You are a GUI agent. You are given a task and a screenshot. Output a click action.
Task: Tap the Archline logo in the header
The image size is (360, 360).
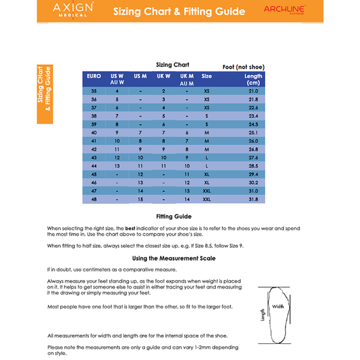[285, 10]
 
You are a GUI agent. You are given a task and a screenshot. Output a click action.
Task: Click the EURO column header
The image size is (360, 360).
[94, 76]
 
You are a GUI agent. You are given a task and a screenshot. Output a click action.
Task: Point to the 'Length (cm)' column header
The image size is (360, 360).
[253, 79]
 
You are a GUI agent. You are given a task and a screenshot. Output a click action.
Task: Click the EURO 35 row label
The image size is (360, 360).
[94, 91]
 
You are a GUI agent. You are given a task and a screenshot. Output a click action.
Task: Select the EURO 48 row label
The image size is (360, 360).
[94, 199]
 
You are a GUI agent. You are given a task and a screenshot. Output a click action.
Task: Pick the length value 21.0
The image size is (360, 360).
[253, 91]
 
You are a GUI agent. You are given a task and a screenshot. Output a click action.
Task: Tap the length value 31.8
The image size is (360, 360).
[253, 199]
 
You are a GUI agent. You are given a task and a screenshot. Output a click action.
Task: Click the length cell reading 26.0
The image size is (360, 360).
[253, 140]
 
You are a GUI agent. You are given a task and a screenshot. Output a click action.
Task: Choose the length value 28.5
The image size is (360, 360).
[253, 166]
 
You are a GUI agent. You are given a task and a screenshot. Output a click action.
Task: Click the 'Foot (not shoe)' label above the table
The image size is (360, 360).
[243, 67]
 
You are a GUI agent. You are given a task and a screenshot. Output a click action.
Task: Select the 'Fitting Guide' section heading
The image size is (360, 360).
[173, 216]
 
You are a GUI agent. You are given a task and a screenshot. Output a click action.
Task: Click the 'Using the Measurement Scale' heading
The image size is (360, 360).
[173, 258]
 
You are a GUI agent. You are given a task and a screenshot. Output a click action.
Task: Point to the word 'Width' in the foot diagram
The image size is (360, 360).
[278, 306]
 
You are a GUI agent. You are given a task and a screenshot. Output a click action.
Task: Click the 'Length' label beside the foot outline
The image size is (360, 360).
[262, 315]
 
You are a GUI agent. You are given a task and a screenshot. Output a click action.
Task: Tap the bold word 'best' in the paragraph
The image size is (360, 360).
[130, 229]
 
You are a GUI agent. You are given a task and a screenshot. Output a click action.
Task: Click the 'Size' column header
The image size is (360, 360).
[206, 76]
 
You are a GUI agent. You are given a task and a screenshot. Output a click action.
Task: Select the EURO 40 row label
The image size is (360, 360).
[94, 132]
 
